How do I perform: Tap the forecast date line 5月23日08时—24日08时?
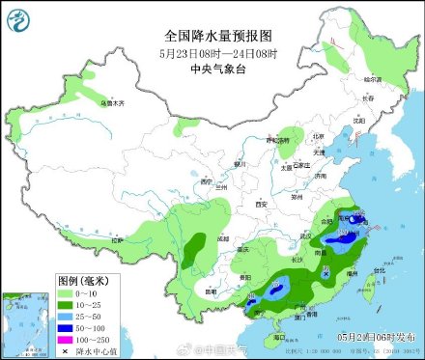pos(212,54)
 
